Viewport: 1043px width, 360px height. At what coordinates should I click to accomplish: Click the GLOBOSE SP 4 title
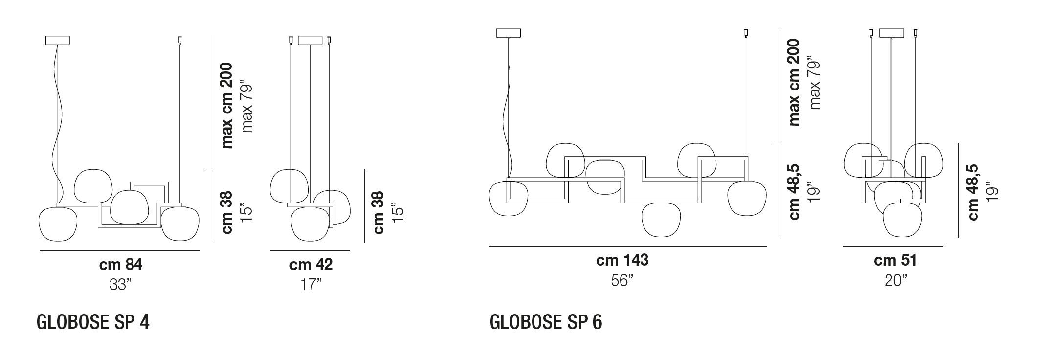(x=93, y=323)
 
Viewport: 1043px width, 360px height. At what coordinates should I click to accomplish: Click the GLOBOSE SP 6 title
(x=546, y=323)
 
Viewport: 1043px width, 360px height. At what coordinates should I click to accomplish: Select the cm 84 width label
(x=120, y=265)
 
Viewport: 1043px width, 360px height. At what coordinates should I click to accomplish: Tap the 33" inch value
(x=120, y=285)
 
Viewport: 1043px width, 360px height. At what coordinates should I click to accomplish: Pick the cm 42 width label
(x=311, y=265)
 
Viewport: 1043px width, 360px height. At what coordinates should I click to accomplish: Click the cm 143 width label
(x=622, y=260)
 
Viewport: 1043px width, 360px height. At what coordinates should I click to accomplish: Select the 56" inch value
(x=622, y=280)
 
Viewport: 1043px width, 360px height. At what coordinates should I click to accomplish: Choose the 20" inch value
(x=895, y=280)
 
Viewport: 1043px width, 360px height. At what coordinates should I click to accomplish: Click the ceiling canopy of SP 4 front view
(x=57, y=40)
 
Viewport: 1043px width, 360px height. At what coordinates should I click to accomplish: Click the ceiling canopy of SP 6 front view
(x=508, y=33)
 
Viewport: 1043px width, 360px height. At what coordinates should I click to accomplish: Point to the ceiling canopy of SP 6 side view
(x=891, y=33)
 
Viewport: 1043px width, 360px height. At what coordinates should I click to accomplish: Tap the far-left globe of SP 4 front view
(x=58, y=224)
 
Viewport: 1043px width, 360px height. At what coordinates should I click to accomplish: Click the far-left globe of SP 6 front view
(x=508, y=199)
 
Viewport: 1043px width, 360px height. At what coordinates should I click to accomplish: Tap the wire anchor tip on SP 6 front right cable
(x=746, y=33)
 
